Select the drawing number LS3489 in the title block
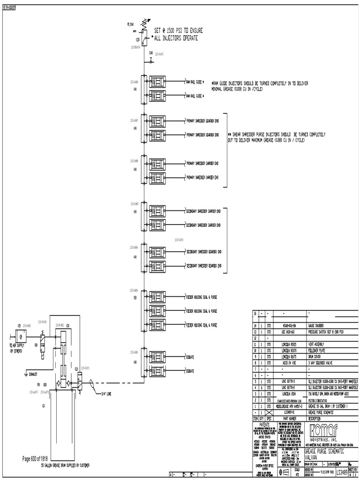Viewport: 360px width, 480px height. point(342,469)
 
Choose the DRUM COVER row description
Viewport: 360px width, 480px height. point(319,356)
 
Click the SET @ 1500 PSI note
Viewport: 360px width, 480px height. point(175,34)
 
